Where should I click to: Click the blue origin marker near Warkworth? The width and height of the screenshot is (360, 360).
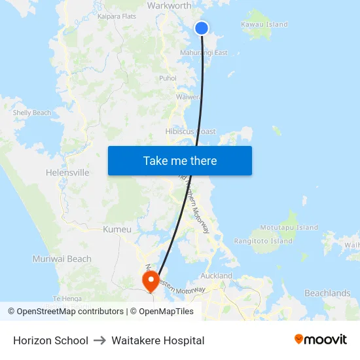[202, 27]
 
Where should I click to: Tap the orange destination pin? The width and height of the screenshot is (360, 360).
[151, 281]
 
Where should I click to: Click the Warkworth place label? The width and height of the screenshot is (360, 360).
[170, 6]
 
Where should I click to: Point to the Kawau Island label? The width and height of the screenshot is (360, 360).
[264, 25]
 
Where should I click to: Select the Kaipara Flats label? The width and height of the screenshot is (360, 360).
[117, 16]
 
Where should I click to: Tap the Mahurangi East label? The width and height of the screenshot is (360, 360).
[204, 52]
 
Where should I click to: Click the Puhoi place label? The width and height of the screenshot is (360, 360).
[168, 79]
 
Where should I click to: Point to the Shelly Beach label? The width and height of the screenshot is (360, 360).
[32, 113]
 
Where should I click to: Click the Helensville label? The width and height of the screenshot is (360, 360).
[67, 173]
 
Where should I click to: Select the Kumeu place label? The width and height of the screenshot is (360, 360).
[117, 230]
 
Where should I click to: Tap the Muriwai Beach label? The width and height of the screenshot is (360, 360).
[62, 259]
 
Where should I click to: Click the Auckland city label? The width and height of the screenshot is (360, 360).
[217, 276]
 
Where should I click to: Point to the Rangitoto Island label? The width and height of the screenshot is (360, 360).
[264, 241]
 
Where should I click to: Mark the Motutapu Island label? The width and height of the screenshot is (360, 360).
[289, 228]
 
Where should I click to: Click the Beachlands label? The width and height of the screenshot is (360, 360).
[327, 293]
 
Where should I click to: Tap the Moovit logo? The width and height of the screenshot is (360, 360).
[321, 340]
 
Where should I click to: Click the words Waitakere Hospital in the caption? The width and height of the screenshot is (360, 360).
[158, 340]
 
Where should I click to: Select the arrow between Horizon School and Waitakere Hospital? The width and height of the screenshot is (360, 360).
[100, 340]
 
